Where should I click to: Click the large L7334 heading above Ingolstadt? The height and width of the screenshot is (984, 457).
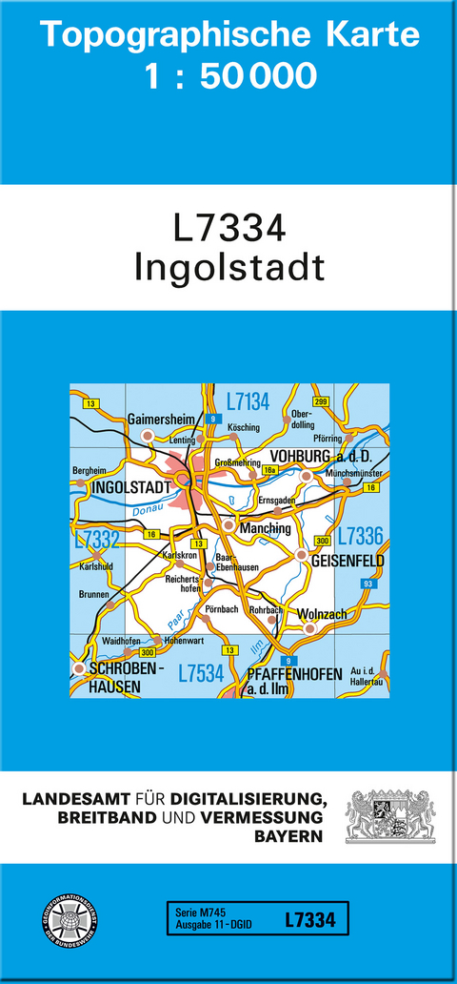point(229,230)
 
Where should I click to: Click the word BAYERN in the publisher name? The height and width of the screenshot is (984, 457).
point(286,835)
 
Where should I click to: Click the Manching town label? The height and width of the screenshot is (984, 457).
point(267,527)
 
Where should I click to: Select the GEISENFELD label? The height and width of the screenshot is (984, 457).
point(348,562)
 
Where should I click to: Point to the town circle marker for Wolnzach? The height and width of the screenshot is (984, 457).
point(308,629)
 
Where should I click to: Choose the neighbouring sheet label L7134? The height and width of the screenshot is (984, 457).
point(248,400)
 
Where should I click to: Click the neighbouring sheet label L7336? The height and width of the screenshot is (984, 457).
point(360,535)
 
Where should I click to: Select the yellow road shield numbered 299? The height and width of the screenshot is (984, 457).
point(321,400)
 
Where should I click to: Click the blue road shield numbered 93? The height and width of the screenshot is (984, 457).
point(368,584)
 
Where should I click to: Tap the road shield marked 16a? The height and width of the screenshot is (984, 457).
point(270,471)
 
